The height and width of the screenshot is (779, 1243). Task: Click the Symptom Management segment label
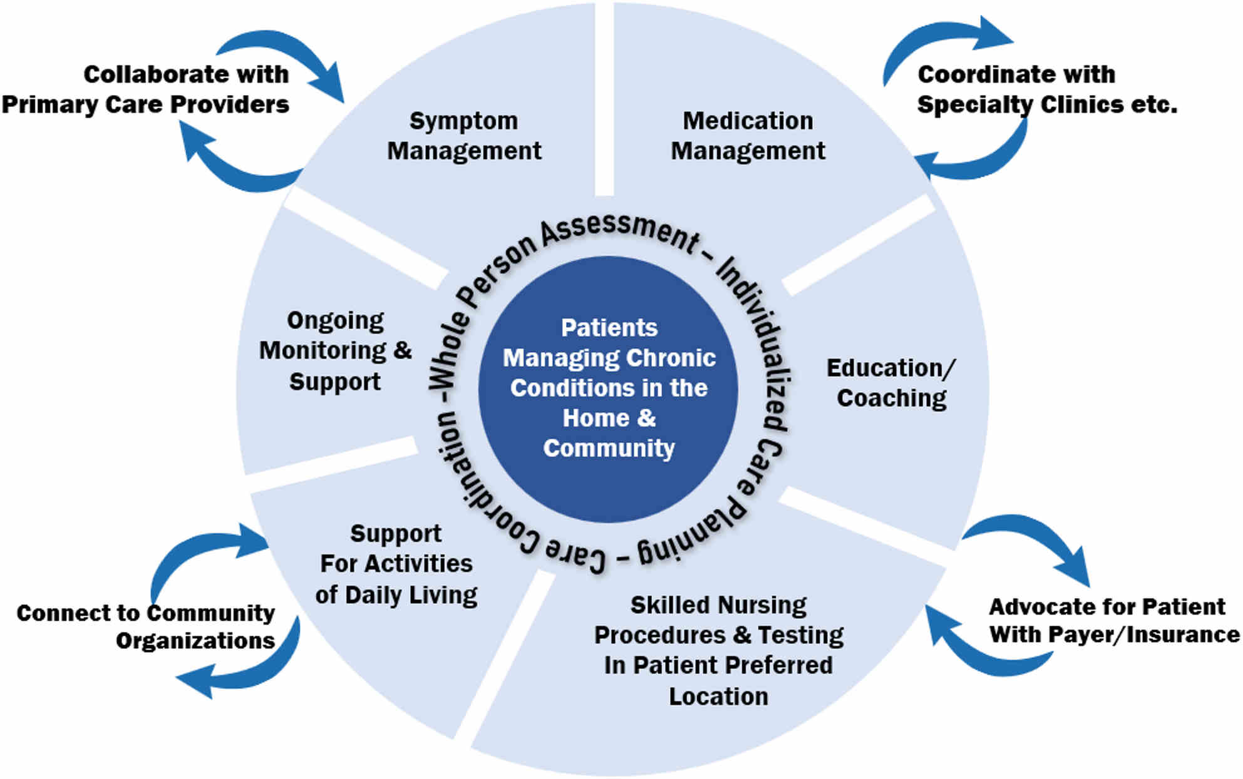tap(464, 136)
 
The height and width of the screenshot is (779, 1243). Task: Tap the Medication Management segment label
tap(748, 136)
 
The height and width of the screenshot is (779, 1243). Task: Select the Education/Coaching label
tap(891, 383)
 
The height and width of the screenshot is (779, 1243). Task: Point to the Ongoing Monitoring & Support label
tap(335, 351)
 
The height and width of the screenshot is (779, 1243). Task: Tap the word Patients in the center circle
tap(609, 328)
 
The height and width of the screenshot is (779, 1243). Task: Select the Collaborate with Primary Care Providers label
tap(145, 89)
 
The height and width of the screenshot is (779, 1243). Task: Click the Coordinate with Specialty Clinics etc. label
tap(1047, 89)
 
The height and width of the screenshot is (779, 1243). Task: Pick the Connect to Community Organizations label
tap(145, 626)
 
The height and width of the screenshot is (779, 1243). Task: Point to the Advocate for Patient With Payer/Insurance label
tap(1114, 621)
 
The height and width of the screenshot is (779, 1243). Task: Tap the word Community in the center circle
tap(609, 448)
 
